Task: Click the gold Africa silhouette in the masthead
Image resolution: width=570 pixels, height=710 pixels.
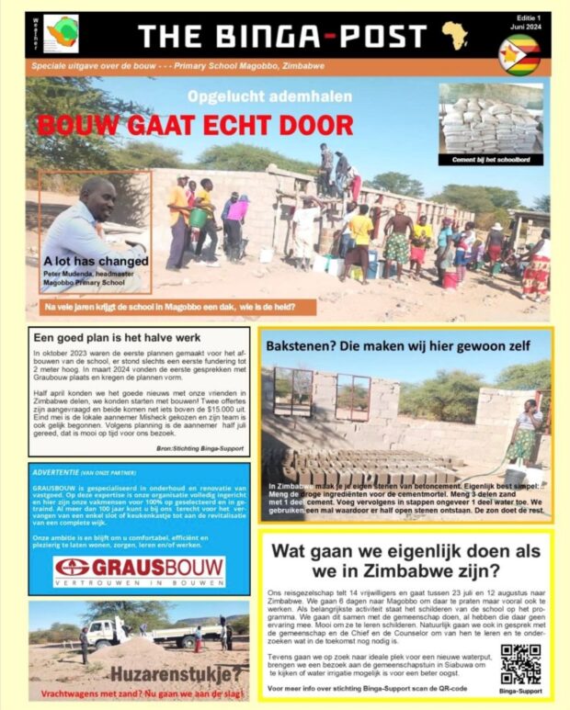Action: click(454, 36)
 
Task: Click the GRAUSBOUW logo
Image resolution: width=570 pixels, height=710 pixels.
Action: click(139, 569)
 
